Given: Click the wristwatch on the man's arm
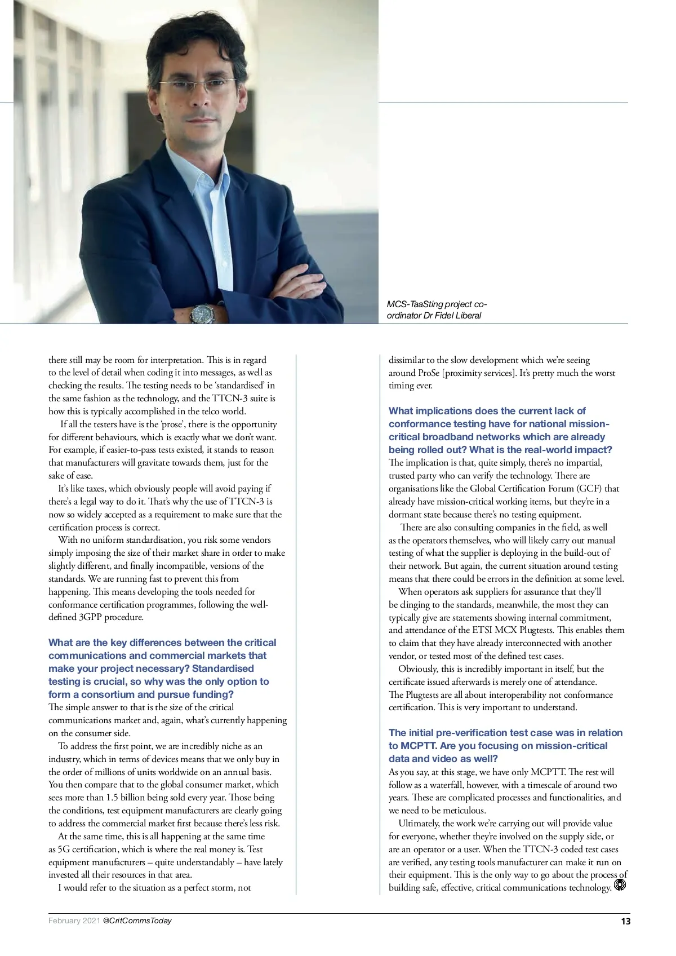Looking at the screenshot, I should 202,313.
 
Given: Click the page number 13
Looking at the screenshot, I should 625,921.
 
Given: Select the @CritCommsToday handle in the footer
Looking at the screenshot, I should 137,920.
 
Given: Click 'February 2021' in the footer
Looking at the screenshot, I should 74,920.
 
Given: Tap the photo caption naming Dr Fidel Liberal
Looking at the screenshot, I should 437,309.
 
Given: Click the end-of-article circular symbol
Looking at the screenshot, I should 620,885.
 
